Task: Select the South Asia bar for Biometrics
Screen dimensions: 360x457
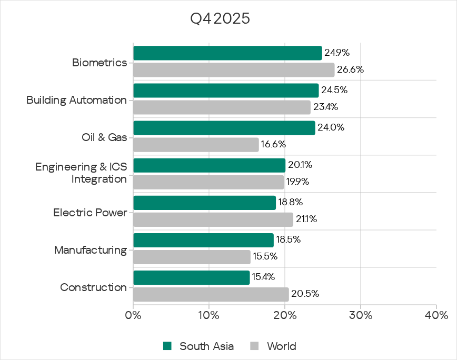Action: pyautogui.click(x=227, y=53)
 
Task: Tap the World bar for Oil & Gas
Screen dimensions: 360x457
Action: pyautogui.click(x=196, y=145)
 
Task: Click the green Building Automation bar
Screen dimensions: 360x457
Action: pyautogui.click(x=226, y=91)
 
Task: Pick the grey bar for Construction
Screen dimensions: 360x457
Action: pyautogui.click(x=211, y=294)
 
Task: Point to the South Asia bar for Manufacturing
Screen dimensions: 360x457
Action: pyautogui.click(x=203, y=241)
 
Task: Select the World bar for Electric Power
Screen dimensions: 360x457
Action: pyautogui.click(x=213, y=219)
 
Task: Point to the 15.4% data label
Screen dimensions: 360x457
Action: pyautogui.click(x=263, y=277)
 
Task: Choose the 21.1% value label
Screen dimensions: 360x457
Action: pyautogui.click(x=306, y=219)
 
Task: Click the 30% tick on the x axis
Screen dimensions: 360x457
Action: pyautogui.click(x=361, y=316)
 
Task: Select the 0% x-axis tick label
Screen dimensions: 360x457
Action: pyautogui.click(x=133, y=316)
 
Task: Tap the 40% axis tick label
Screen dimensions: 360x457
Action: pyautogui.click(x=436, y=316)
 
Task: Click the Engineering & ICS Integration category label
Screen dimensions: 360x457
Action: pyautogui.click(x=81, y=173)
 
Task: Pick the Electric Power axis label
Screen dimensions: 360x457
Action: pyautogui.click(x=90, y=213)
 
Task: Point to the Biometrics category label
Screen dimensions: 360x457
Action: pyautogui.click(x=100, y=63)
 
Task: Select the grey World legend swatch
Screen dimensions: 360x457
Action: pyautogui.click(x=255, y=346)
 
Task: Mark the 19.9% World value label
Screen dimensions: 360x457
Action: pyautogui.click(x=298, y=182)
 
